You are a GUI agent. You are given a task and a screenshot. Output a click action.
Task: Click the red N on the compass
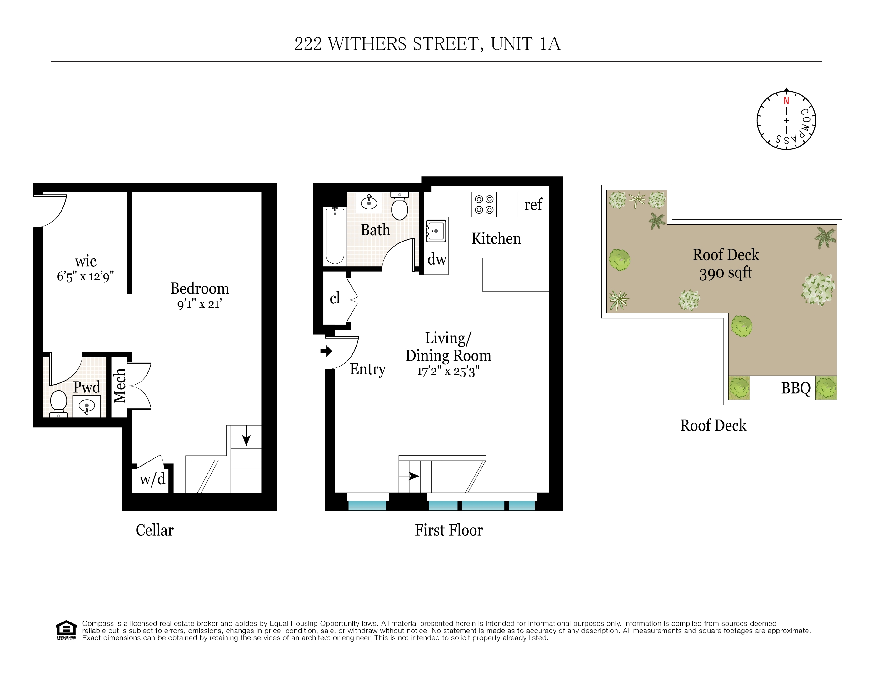pyautogui.click(x=786, y=101)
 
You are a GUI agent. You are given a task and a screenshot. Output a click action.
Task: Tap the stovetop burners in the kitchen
pyautogui.click(x=484, y=204)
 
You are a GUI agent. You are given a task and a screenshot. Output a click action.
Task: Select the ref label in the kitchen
pyautogui.click(x=533, y=204)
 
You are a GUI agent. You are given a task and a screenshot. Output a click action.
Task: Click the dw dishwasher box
pyautogui.click(x=436, y=259)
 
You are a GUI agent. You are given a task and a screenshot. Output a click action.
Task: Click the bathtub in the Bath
pyautogui.click(x=335, y=236)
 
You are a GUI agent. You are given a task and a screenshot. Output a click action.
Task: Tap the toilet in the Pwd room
pyautogui.click(x=58, y=402)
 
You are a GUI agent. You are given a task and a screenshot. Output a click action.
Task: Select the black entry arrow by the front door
pyautogui.click(x=326, y=351)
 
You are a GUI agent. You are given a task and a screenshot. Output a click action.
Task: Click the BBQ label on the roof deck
pyautogui.click(x=796, y=388)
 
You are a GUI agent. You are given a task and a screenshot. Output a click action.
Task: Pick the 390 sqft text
pyautogui.click(x=725, y=273)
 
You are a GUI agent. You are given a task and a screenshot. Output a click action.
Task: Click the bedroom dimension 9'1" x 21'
pyautogui.click(x=199, y=304)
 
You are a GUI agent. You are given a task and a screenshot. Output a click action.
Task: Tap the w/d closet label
pyautogui.click(x=152, y=479)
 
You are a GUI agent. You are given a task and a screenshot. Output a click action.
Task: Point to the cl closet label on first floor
pyautogui.click(x=335, y=298)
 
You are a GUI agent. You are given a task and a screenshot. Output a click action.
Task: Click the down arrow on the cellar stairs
pyautogui.click(x=246, y=440)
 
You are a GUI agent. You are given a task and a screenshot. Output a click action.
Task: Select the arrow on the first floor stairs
pyautogui.click(x=414, y=476)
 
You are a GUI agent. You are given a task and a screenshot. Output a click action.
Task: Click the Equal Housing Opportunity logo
pyautogui.click(x=66, y=630)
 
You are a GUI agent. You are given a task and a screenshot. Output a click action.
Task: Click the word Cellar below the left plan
pyautogui.click(x=155, y=530)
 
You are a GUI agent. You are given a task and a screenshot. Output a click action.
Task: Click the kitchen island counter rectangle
pyautogui.click(x=515, y=275)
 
